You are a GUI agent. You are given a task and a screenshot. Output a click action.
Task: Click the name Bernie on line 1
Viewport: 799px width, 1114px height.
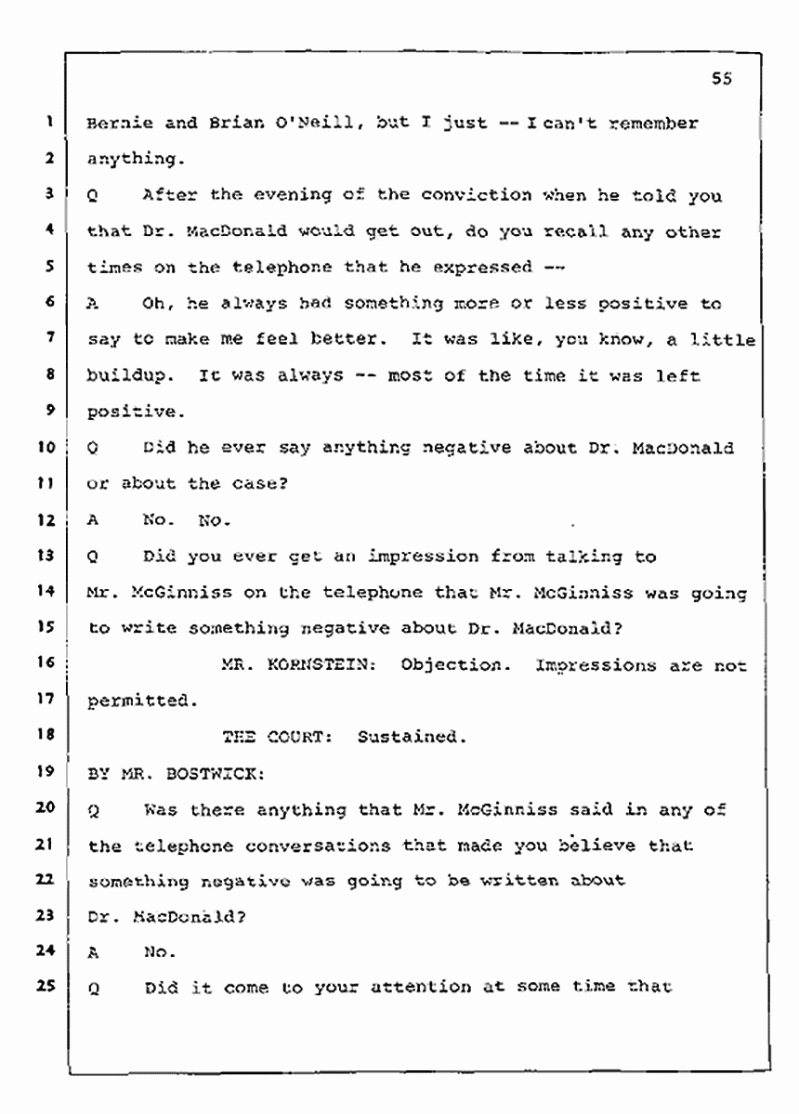(x=116, y=123)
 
